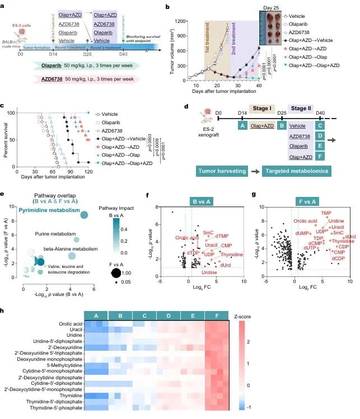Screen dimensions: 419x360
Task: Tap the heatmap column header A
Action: [96, 316]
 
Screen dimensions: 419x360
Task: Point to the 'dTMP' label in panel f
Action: [222, 236]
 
